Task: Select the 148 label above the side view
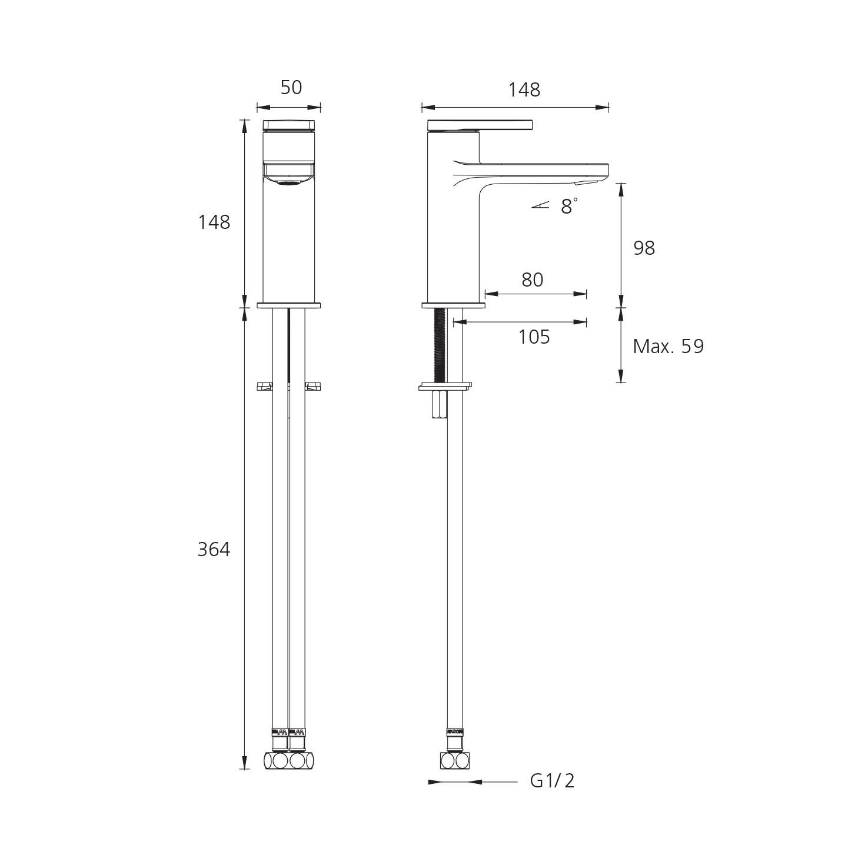coord(524,89)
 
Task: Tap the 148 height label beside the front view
coord(215,222)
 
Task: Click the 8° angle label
coord(568,207)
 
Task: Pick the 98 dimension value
coord(644,248)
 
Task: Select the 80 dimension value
coord(532,280)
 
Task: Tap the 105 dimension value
coord(534,337)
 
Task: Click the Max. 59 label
coord(667,347)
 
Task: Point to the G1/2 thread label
coord(552,780)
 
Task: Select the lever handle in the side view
coord(480,125)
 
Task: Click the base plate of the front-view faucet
coord(289,305)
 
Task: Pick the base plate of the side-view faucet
coord(453,305)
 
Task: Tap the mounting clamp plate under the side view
coord(445,387)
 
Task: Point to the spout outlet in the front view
coord(288,184)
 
